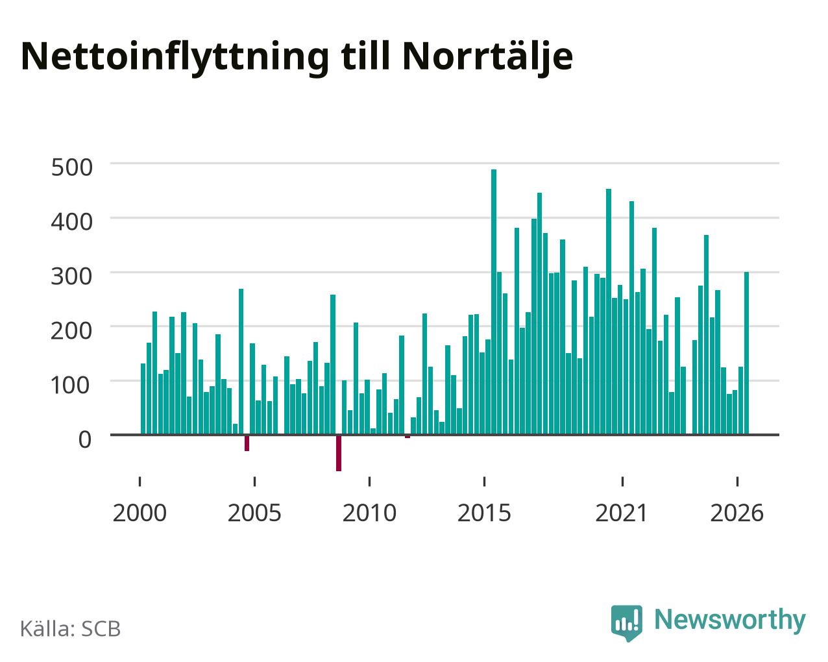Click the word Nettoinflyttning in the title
pos(175,58)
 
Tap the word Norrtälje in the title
pos(487,58)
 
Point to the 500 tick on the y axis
pos(71,167)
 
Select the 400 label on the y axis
pos(71,222)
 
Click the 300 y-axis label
pos(71,276)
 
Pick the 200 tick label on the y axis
pos(71,330)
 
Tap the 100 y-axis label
pos(71,385)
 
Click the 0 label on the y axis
pos(85,439)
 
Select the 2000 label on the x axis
pos(140,513)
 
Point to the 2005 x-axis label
pos(254,513)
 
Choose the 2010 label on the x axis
pos(369,513)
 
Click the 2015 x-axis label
pos(484,513)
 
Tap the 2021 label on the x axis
pos(622,513)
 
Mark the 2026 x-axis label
pos(737,513)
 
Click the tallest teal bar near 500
pos(494,302)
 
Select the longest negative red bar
pos(339,453)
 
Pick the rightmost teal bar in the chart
pos(746,353)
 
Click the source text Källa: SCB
pos(71,628)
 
